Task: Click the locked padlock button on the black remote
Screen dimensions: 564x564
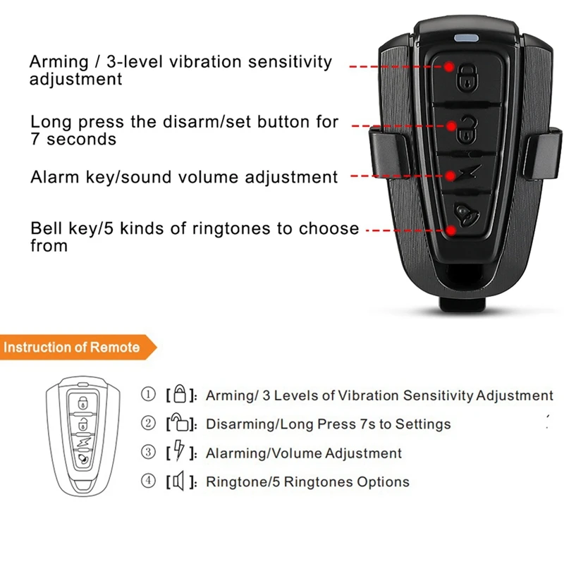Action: pyautogui.click(x=466, y=78)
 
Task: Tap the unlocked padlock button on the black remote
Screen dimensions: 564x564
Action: pyautogui.click(x=466, y=129)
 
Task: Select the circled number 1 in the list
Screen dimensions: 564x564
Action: pyautogui.click(x=148, y=395)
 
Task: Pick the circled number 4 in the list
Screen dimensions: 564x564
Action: pyautogui.click(x=148, y=482)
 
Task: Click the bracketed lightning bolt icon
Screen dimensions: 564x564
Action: pyautogui.click(x=178, y=452)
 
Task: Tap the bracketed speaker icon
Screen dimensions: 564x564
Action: pyautogui.click(x=178, y=482)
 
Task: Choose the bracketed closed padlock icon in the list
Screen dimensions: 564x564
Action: pyautogui.click(x=179, y=394)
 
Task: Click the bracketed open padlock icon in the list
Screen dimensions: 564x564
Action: pyautogui.click(x=178, y=423)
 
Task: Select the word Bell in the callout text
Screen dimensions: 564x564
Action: pyautogui.click(x=47, y=229)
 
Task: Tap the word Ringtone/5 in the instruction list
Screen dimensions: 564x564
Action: pyautogui.click(x=240, y=482)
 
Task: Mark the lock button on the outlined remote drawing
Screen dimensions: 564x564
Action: pyautogui.click(x=83, y=404)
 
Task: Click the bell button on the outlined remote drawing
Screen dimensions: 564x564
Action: pyautogui.click(x=83, y=457)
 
